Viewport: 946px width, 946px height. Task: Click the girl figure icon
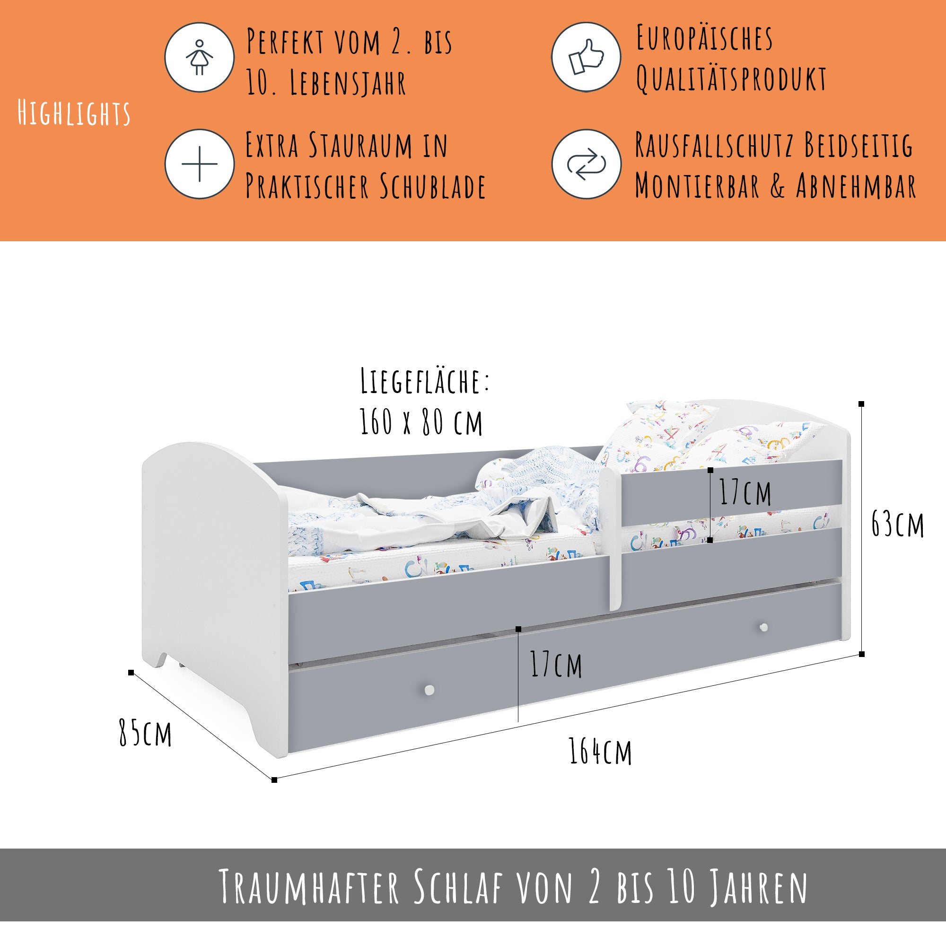coord(199,57)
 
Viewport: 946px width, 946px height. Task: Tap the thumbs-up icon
coord(586,57)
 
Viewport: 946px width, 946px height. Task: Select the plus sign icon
coord(199,164)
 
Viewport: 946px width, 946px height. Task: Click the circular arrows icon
coord(586,164)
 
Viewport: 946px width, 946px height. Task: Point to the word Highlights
coord(74,113)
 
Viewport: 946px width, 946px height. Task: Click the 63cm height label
coord(898,524)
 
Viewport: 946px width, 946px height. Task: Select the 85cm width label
coord(145,733)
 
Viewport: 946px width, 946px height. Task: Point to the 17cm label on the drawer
coord(556,665)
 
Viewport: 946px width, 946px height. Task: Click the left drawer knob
coord(429,691)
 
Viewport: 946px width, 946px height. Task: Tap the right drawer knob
coord(763,627)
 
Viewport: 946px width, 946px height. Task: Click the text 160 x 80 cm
coord(421,421)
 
